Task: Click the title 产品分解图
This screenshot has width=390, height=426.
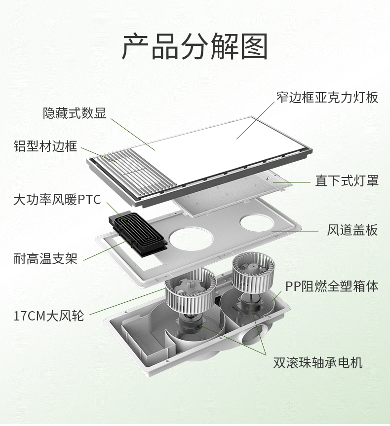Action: (x=195, y=46)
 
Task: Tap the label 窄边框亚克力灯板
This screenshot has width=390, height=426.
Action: (x=327, y=97)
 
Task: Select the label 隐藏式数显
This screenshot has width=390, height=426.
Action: (x=75, y=113)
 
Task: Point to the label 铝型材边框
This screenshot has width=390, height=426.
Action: (x=45, y=146)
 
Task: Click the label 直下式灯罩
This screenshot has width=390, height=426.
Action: (x=347, y=180)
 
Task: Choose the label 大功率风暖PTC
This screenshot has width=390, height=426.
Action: (x=57, y=200)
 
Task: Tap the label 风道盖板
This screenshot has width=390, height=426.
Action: (x=352, y=230)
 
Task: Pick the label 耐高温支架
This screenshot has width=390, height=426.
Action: (x=45, y=258)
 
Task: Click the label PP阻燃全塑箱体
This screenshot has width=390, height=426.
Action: (x=332, y=286)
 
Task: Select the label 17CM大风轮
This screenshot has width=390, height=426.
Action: (x=49, y=316)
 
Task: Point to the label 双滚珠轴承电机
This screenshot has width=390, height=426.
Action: (x=318, y=362)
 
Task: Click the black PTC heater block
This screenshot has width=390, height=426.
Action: (x=137, y=232)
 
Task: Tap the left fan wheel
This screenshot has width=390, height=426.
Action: (x=191, y=289)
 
